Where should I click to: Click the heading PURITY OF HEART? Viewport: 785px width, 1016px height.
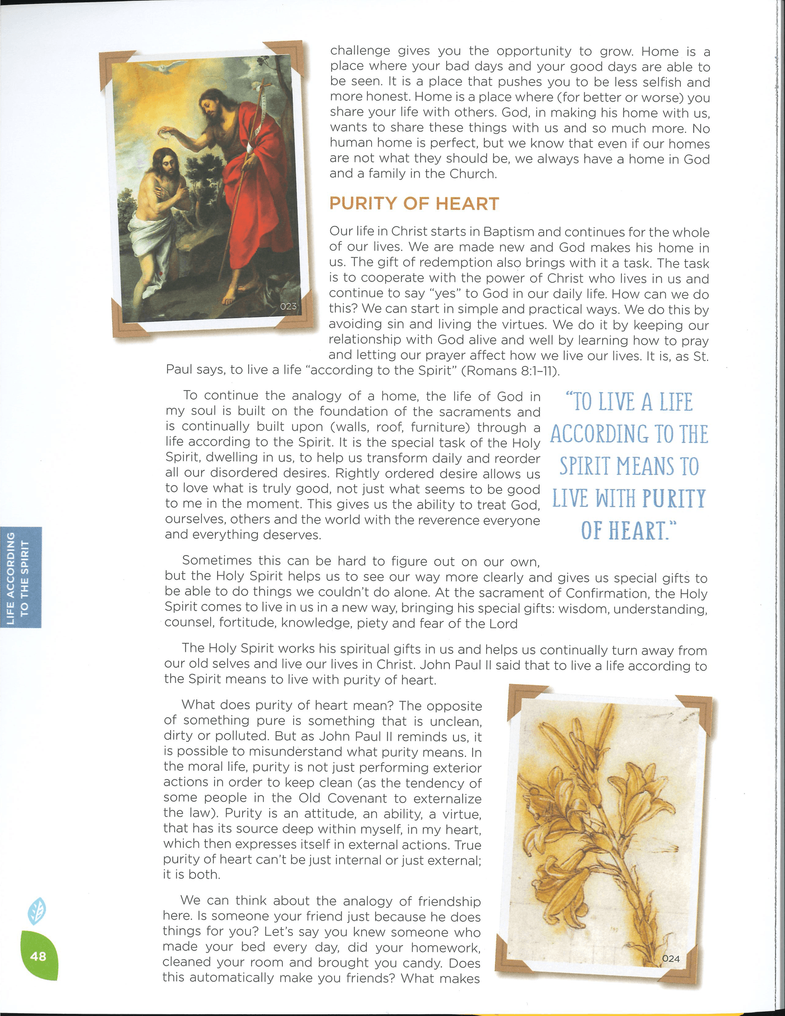pyautogui.click(x=414, y=204)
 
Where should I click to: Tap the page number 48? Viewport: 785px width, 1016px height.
pyautogui.click(x=38, y=956)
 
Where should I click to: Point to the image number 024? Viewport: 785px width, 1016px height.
pyautogui.click(x=671, y=958)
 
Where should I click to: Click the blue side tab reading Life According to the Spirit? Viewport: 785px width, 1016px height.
pyautogui.click(x=21, y=578)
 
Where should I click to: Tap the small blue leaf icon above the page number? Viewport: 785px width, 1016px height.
pyautogui.click(x=37, y=911)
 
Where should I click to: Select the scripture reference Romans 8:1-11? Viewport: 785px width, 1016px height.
pyautogui.click(x=512, y=371)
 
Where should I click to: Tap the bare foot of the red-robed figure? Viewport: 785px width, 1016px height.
pyautogui.click(x=229, y=298)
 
